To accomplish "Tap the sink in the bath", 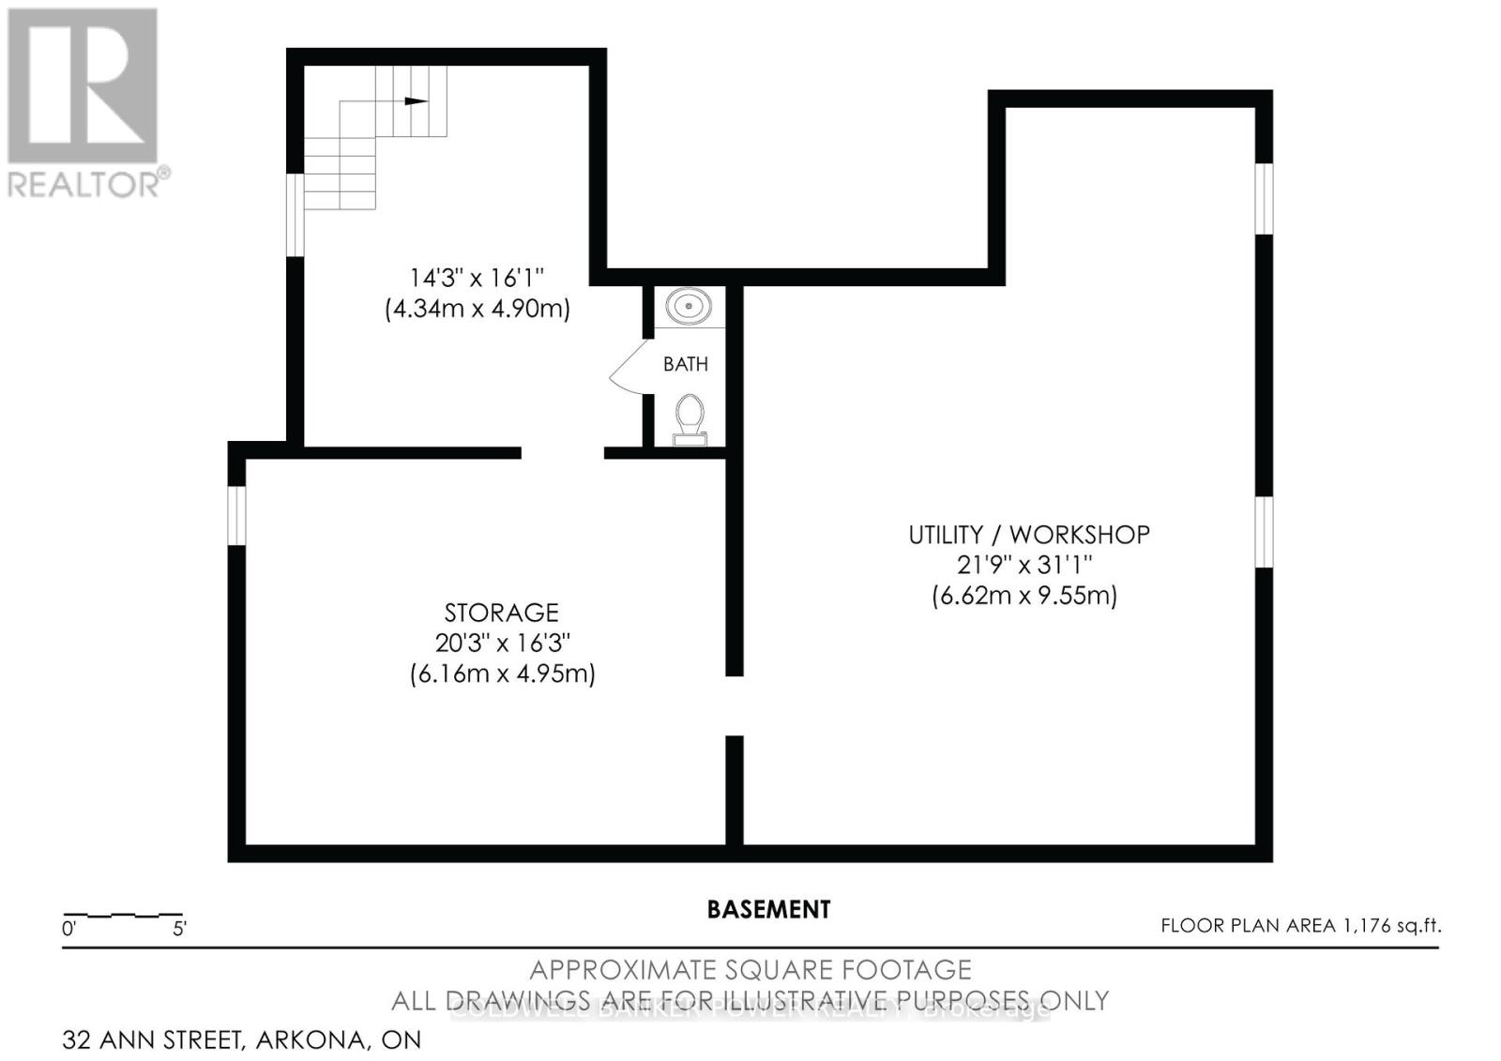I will [x=689, y=306].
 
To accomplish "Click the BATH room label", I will [x=686, y=364].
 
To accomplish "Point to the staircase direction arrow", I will [x=416, y=101].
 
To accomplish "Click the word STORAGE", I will [x=501, y=613].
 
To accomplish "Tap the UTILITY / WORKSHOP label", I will [x=1028, y=535].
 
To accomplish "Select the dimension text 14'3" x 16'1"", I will [x=477, y=278].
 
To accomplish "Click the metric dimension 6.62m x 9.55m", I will [x=1024, y=596].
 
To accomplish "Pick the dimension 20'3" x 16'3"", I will [x=503, y=644].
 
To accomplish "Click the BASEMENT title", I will [x=768, y=909].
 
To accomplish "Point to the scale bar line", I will [x=122, y=914].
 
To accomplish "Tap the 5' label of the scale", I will [x=179, y=930].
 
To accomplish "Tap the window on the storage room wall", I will [x=236, y=515].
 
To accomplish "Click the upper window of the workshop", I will [x=1264, y=198].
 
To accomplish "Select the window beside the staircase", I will [x=295, y=214].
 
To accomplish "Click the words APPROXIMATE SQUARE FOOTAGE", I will [x=750, y=969].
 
